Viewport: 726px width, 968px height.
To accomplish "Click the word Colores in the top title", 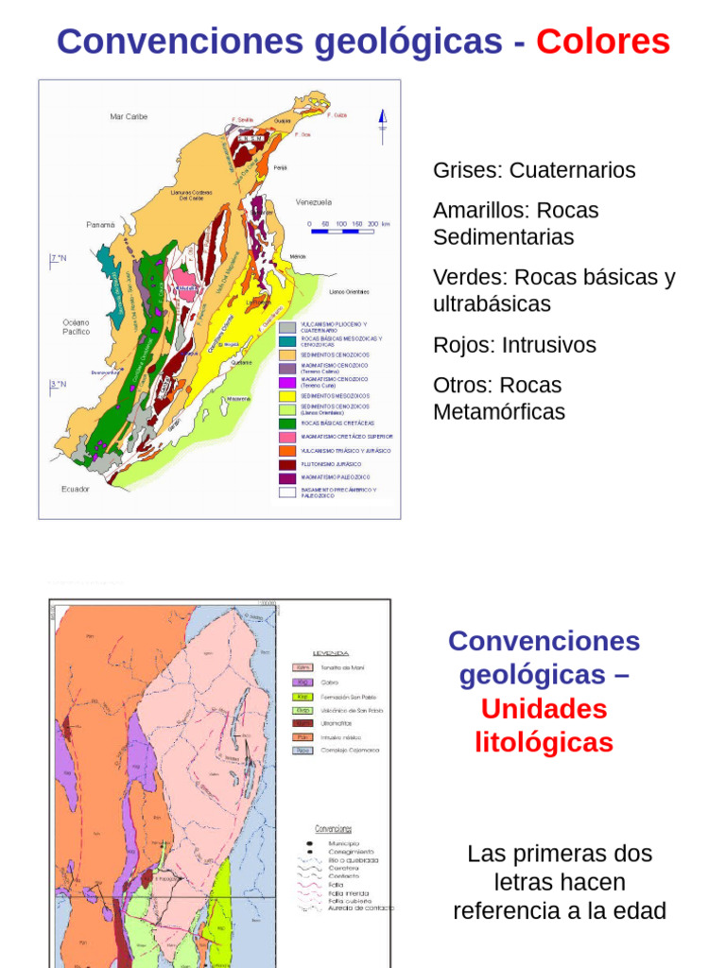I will pos(602,42).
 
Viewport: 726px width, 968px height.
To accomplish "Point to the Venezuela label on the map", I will pos(313,202).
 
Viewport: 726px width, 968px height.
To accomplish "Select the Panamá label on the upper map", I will pos(100,225).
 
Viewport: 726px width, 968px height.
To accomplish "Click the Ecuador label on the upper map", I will pos(76,489).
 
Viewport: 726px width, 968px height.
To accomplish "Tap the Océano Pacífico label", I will pos(77,327).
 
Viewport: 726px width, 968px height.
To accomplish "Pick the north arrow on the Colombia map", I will pos(383,124).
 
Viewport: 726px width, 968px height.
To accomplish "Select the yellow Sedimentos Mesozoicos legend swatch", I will pos(288,395).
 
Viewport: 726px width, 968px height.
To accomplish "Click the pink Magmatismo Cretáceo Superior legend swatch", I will pos(288,437).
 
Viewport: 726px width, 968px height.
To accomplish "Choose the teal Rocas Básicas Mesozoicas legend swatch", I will pos(288,340).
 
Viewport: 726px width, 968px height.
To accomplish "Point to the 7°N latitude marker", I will pos(59,258).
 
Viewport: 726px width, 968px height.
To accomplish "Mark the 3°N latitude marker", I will pos(59,384).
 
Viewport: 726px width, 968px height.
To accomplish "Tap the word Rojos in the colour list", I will pos(463,345).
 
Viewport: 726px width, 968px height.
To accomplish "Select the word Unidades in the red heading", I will pos(544,709).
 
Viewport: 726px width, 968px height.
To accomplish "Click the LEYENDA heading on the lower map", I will pos(331,652).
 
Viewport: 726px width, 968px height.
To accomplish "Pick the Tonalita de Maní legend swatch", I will pos(302,667).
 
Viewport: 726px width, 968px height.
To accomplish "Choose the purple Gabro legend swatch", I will pos(302,682).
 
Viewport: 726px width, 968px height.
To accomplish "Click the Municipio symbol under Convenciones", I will pos(311,842).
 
